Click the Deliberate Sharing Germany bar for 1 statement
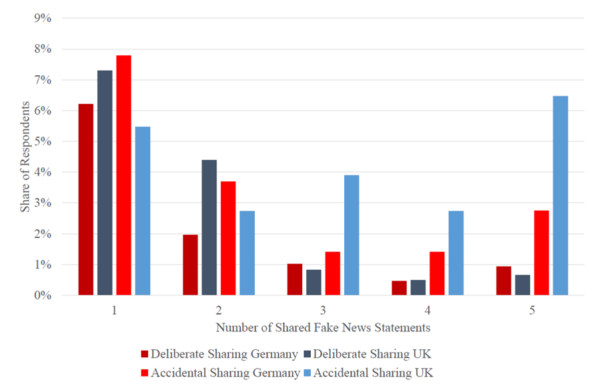86,199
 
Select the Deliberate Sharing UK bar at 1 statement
105,183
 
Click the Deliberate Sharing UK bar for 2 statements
209,227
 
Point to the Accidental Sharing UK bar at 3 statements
352,235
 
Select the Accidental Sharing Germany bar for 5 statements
542,253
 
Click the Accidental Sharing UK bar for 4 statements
456,253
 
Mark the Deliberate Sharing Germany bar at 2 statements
191,265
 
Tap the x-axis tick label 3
324,311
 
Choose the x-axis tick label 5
532,311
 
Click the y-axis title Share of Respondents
25,157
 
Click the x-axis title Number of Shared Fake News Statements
323,328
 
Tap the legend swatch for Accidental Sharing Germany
145,372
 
